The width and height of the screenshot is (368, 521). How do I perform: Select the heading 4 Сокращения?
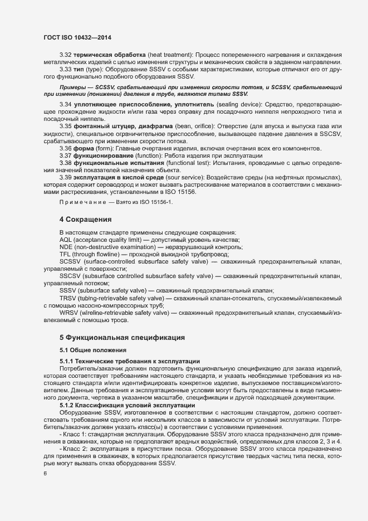pyautogui.click(x=86, y=218)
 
